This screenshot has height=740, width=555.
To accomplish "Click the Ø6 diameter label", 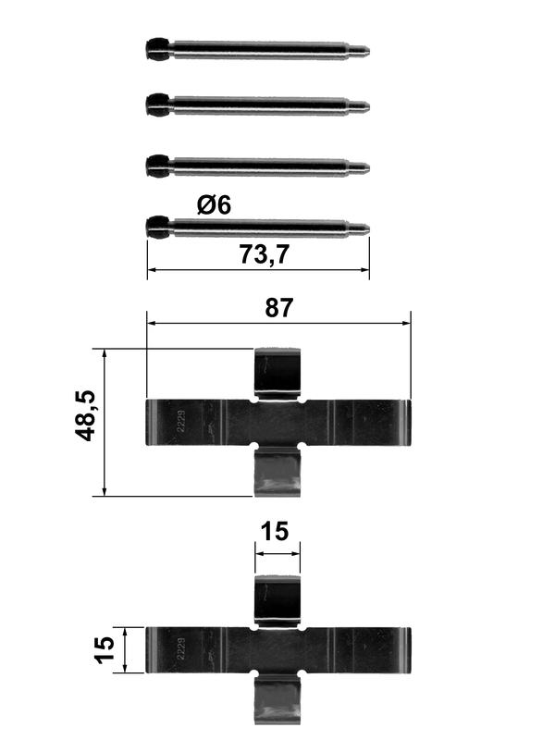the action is coord(214,205).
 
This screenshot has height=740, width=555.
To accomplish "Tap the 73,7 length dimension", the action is coord(265,255).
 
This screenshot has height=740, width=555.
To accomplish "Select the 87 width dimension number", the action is coord(279,308).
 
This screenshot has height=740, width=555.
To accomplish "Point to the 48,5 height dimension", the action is coord(86,415).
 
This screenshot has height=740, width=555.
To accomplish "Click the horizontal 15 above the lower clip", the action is coord(274,531).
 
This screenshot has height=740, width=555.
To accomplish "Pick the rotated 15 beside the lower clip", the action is coord(105,650).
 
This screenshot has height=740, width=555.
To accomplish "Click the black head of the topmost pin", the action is coord(157,49).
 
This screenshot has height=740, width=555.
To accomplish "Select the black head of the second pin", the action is coord(157,105).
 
